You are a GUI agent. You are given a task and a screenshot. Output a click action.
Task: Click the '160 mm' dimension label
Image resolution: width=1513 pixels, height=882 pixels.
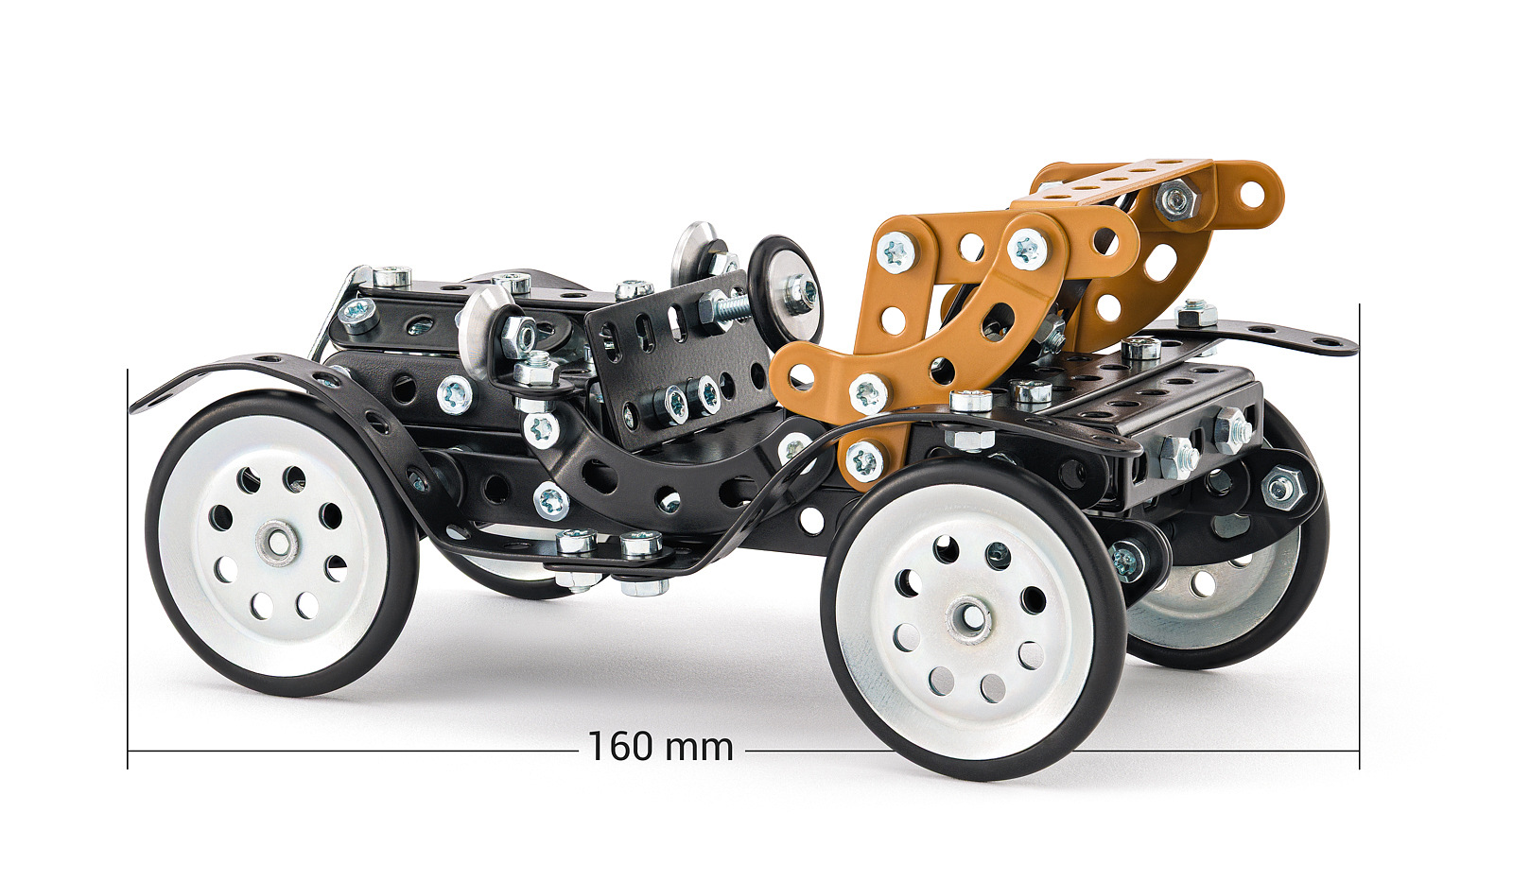coord(661,747)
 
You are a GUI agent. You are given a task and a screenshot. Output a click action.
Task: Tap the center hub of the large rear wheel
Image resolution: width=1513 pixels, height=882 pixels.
coord(968,619)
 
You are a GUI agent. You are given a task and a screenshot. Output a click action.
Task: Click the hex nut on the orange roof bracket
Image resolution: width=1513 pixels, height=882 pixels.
coord(1176,199)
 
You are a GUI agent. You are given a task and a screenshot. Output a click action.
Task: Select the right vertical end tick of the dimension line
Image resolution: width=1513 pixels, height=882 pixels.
coord(1359,536)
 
